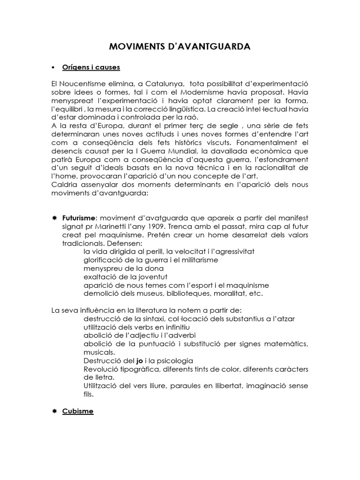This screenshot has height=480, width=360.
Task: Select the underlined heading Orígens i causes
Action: tap(91, 67)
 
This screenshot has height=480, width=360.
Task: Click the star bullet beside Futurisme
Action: tap(54, 219)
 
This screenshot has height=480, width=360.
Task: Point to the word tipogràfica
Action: tap(138, 369)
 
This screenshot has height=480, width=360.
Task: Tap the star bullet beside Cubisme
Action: tap(54, 411)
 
